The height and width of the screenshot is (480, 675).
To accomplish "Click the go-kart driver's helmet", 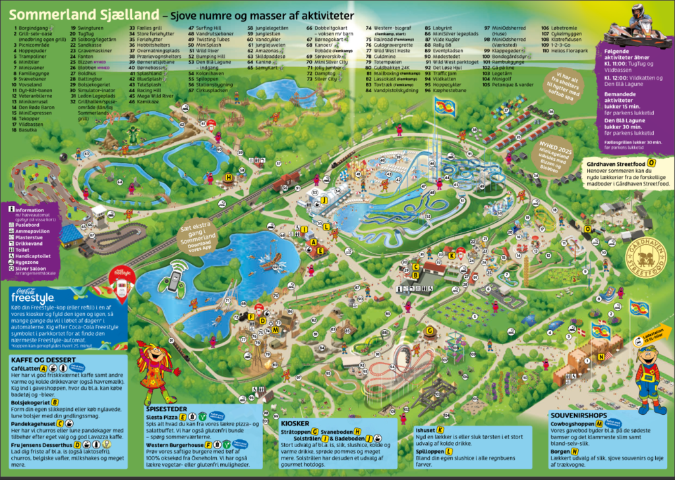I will (x=637, y=11).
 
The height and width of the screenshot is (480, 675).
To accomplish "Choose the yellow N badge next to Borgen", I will (x=575, y=452).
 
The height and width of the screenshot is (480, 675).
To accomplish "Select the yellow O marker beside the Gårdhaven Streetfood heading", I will (x=651, y=162).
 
